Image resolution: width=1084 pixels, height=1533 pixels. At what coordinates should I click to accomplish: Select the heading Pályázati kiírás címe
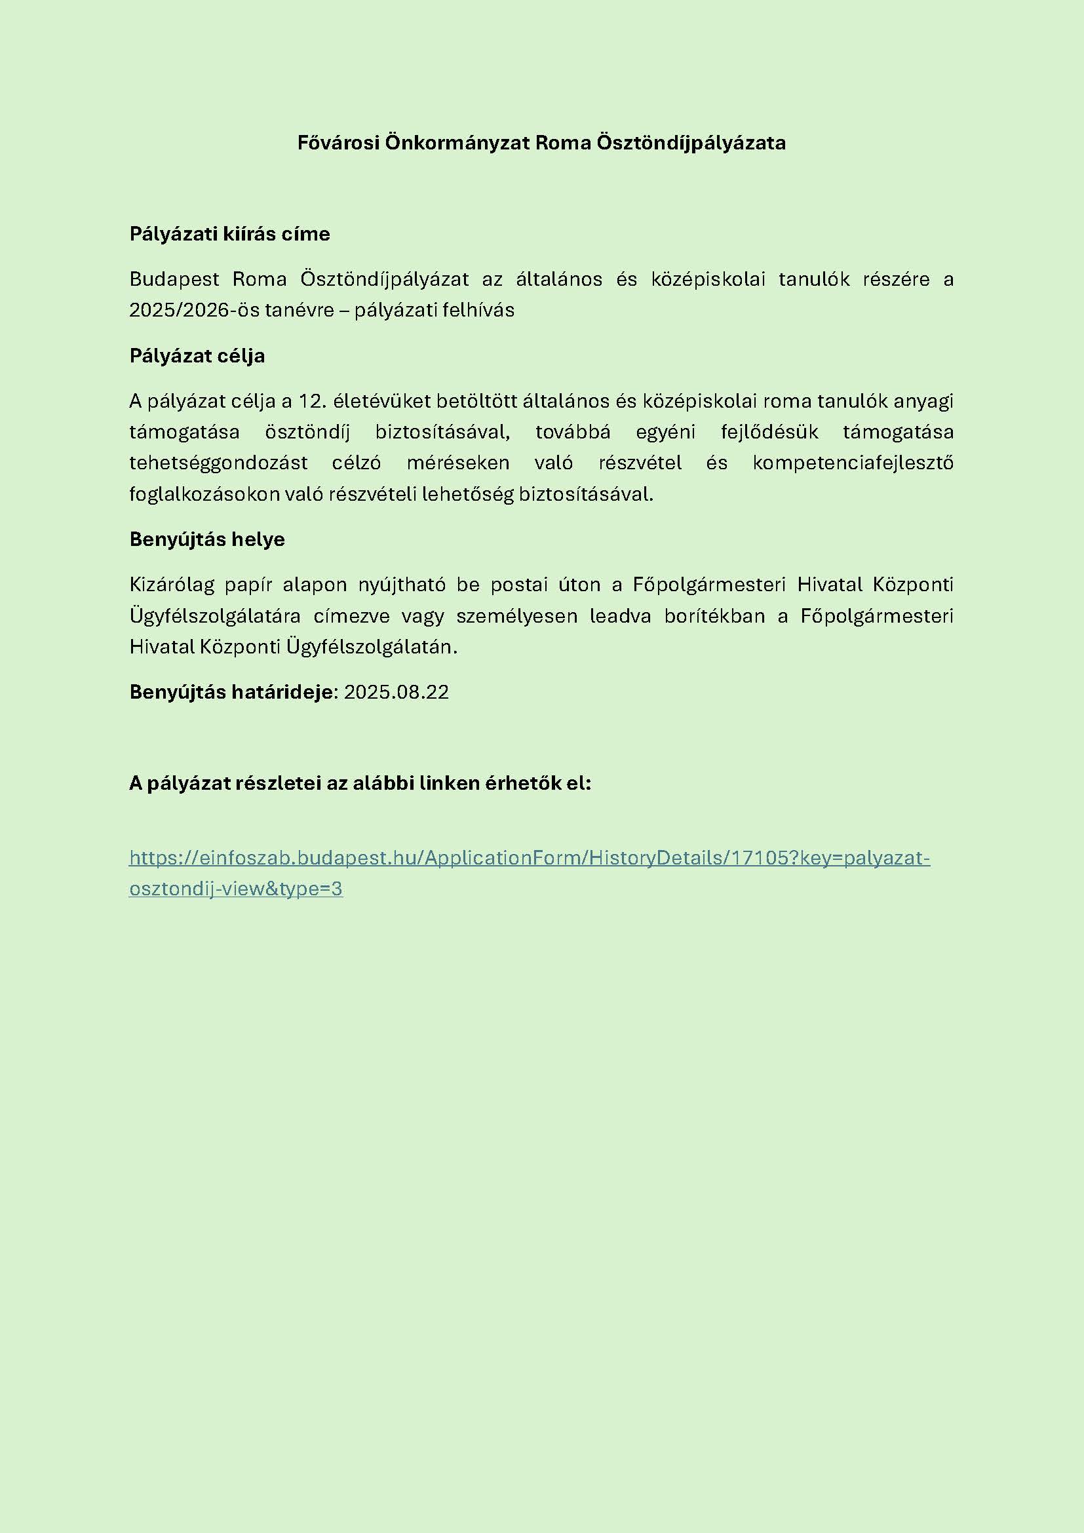(x=229, y=234)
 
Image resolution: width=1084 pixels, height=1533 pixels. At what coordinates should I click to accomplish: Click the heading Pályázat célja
(x=197, y=356)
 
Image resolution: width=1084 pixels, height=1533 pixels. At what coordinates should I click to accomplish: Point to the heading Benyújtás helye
(x=207, y=539)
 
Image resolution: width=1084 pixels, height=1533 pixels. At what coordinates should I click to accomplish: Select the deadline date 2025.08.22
(x=397, y=691)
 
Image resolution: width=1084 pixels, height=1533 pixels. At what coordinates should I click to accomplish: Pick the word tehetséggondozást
(x=218, y=462)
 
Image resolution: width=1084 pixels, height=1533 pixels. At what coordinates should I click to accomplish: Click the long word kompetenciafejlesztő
(x=853, y=462)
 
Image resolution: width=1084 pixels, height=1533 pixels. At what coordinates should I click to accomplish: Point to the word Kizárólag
(x=172, y=584)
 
